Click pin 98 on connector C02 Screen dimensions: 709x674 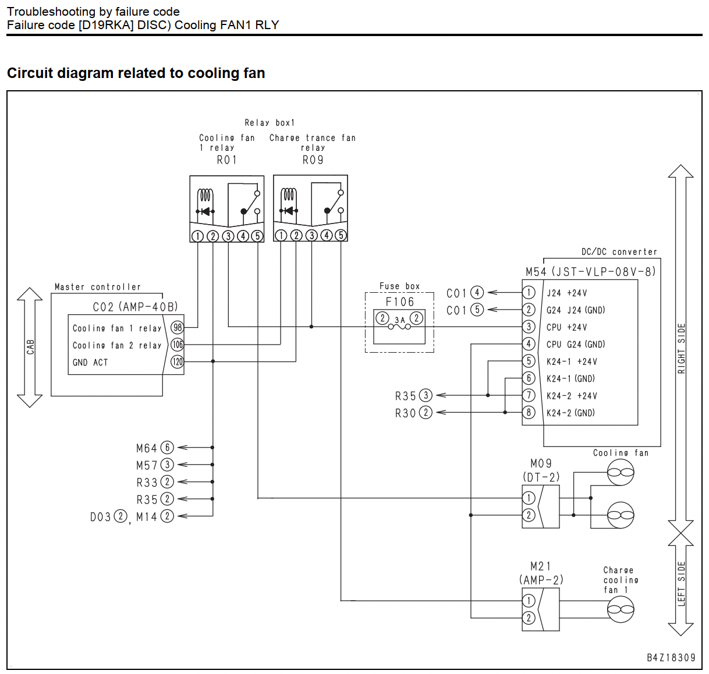tap(177, 328)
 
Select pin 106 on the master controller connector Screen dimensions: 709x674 tap(177, 345)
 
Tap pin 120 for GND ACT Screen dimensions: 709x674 tap(177, 361)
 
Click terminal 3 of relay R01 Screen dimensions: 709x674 tap(228, 236)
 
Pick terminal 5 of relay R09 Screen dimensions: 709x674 tap(341, 236)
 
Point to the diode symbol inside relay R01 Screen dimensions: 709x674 tap(205, 211)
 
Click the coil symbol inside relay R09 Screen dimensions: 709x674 tap(289, 195)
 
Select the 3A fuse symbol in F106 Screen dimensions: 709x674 tap(399, 327)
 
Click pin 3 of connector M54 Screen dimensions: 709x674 tap(529, 327)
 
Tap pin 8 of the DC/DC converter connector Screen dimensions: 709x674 tap(529, 412)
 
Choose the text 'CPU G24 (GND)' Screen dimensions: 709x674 tap(576, 345)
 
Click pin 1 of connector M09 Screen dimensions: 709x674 tap(529, 498)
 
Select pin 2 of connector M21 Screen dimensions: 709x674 tap(529, 618)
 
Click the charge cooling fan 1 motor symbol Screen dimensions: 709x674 tap(621, 609)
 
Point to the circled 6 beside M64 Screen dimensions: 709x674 tap(167, 448)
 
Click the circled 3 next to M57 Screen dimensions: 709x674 tap(167, 464)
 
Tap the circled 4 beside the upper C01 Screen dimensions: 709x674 tap(477, 292)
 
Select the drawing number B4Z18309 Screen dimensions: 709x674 tap(671, 658)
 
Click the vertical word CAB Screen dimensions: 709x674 tap(30, 347)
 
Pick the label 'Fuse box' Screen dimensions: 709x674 tap(399, 286)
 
